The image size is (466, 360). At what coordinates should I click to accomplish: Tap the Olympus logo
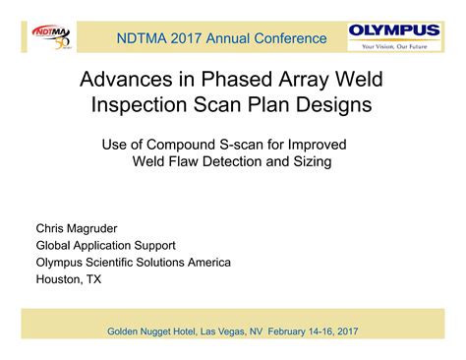click(394, 30)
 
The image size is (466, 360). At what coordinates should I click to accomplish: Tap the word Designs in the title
click(337, 104)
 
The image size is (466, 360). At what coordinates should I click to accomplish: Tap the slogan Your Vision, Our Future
click(394, 45)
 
